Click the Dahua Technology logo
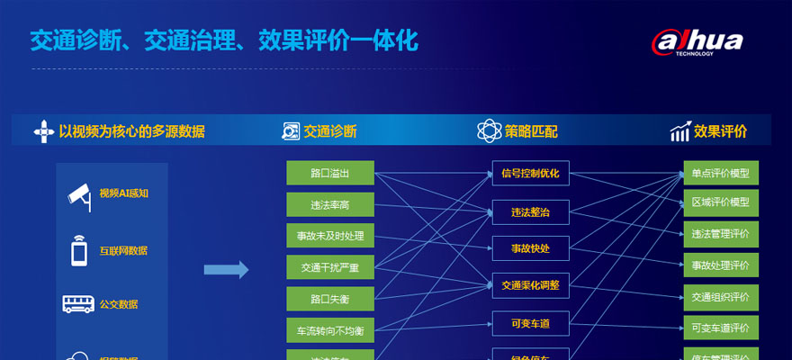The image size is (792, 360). pos(697,41)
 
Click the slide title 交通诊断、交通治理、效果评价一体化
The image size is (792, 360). pos(224,40)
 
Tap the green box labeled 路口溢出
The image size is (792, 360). pos(329,173)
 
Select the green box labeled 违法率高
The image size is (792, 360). pos(329,204)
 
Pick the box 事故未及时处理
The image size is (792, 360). pos(329,236)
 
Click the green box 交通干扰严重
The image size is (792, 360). pos(329,267)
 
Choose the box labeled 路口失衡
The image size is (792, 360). pos(329,299)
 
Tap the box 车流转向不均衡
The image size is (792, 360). pos(329,330)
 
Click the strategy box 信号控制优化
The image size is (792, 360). pos(530,173)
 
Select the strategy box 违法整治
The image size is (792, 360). pos(530,211)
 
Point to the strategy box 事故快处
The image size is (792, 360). pos(530,247)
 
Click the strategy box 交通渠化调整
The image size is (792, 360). pos(530,284)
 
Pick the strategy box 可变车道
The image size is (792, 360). pos(530,322)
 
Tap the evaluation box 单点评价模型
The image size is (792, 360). pos(720,173)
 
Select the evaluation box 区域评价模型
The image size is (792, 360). pos(720,203)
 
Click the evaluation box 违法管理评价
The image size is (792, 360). pos(720,234)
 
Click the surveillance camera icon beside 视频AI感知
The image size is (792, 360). pos(80,194)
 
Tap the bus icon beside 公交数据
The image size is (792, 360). pos(78,303)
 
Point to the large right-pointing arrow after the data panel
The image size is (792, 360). pos(226,269)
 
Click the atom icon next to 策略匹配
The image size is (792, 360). pos(489,131)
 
